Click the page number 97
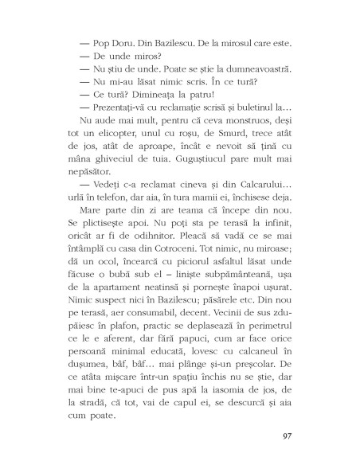pyautogui.click(x=288, y=436)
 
